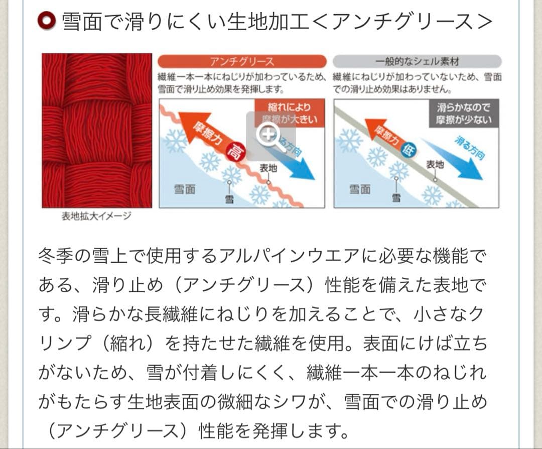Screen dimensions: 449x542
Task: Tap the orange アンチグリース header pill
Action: coord(242,61)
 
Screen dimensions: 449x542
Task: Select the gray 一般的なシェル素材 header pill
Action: coord(417,61)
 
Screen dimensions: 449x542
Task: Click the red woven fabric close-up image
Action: coord(97,131)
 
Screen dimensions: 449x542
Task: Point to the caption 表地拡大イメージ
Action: coord(96,216)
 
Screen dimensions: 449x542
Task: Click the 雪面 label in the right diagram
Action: coord(359,189)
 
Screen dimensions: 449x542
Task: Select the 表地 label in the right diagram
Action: coord(435,164)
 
